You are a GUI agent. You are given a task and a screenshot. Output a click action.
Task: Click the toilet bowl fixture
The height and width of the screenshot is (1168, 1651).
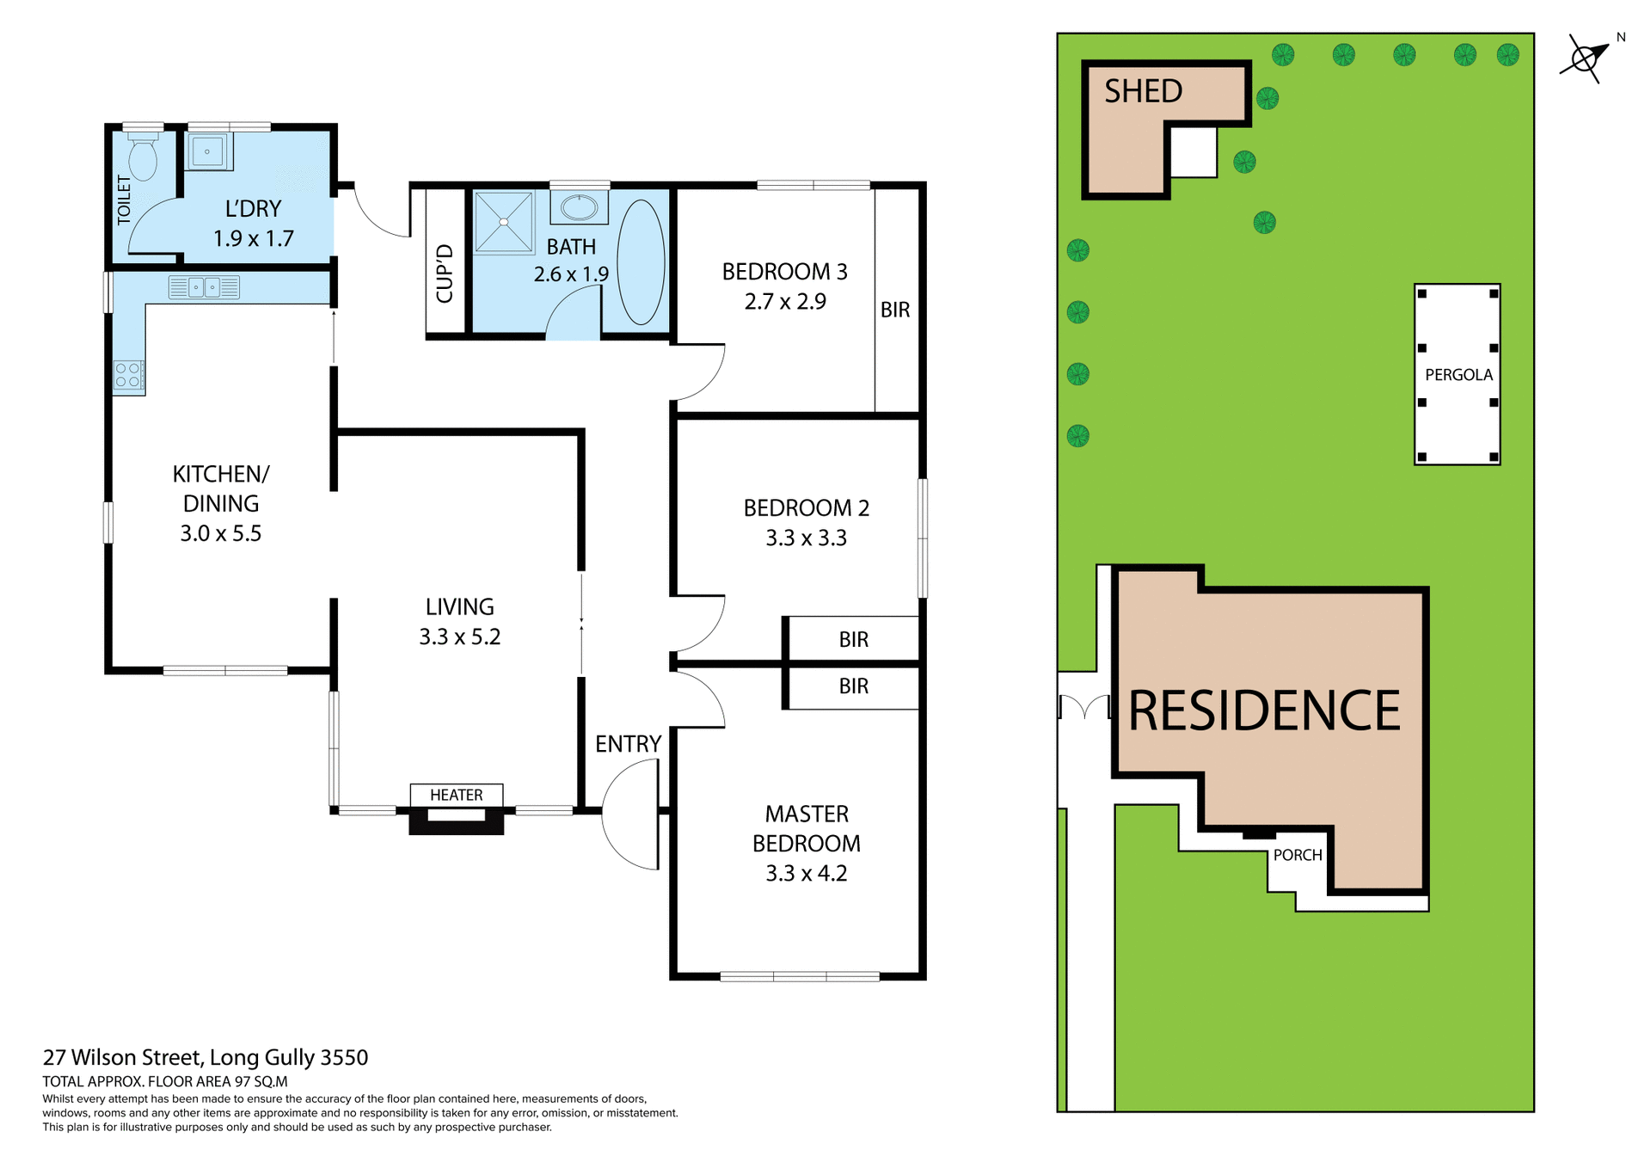(143, 158)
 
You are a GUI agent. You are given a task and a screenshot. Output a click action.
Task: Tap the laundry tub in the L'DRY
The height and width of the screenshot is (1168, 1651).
(207, 152)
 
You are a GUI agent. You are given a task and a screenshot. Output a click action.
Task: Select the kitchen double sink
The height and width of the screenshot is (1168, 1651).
(204, 287)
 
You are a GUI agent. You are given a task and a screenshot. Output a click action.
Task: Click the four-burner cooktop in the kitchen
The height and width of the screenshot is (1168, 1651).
(128, 375)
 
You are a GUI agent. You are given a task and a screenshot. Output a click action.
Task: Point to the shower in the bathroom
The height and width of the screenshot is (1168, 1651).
(504, 223)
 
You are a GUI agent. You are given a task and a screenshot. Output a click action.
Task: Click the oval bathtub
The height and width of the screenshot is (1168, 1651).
(641, 261)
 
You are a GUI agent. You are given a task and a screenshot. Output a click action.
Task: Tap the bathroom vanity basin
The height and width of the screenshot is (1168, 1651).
(580, 207)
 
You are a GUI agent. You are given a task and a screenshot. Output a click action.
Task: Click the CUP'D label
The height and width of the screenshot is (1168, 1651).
(445, 274)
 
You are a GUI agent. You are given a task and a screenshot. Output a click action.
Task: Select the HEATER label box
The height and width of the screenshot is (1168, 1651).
(456, 795)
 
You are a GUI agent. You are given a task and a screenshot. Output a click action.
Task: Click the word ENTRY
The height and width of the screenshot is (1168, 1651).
(628, 744)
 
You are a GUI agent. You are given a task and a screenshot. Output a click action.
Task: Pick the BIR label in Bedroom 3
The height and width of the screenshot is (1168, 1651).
(895, 310)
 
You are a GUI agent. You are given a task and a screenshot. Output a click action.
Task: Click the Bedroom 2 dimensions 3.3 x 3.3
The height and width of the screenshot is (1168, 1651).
(806, 538)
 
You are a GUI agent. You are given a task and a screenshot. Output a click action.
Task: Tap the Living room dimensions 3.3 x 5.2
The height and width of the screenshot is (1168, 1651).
(459, 636)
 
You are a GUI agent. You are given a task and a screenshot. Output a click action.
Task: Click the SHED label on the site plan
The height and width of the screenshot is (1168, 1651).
(1143, 91)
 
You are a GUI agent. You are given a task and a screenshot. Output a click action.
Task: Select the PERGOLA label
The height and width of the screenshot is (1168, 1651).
(1458, 375)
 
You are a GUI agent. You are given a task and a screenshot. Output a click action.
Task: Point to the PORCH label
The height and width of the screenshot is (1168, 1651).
(1298, 855)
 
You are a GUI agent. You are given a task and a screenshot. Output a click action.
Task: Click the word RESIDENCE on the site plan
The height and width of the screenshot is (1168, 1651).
(1264, 711)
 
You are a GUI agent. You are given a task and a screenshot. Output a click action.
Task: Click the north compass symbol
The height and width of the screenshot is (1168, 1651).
(1584, 58)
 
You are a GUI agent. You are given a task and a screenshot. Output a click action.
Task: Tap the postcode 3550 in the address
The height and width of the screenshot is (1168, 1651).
(344, 1057)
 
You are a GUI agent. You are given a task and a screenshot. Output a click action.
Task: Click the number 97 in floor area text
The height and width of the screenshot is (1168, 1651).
(242, 1082)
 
